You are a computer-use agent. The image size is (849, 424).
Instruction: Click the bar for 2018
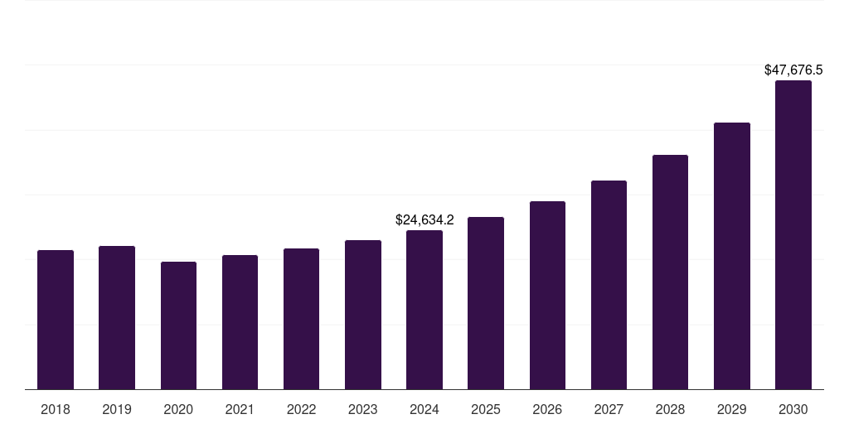coord(56,320)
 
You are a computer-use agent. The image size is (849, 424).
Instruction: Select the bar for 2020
coord(178,325)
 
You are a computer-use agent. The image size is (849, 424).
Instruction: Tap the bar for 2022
coord(301,319)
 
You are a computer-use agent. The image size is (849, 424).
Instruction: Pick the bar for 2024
coord(424,310)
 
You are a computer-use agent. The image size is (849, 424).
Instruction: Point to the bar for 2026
coord(547,295)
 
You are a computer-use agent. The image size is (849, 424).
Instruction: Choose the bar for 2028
coord(670,272)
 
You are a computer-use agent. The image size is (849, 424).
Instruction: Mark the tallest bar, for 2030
coord(793,234)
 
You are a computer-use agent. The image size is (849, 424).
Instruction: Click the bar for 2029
coord(731,256)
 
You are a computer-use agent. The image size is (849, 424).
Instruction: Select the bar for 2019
coord(117,317)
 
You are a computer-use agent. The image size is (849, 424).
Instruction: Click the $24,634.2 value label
coord(424,220)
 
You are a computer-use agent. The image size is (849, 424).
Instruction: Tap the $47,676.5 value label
coord(793,70)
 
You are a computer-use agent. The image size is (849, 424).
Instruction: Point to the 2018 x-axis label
coord(56,409)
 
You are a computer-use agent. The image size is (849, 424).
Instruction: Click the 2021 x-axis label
coord(240,409)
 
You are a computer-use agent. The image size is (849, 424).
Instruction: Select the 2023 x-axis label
coord(362,409)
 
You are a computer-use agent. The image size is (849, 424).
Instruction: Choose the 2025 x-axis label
coord(486,409)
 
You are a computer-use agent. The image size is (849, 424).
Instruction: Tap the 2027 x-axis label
coord(609,409)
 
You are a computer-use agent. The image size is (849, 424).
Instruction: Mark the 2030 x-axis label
coord(793,409)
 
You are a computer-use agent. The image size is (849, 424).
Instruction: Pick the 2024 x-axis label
coord(424,409)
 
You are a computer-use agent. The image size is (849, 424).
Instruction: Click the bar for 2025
coord(486,303)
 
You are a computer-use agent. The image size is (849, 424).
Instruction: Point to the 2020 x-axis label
coord(178,409)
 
